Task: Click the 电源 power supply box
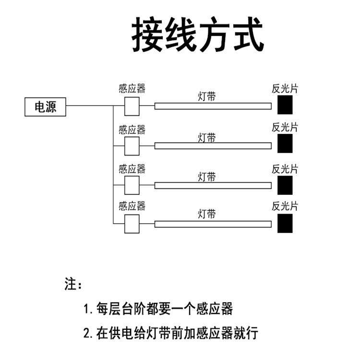(45, 107)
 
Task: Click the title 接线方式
(198, 36)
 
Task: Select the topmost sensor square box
(132, 107)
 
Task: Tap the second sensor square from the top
(132, 146)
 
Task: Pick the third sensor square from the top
(132, 185)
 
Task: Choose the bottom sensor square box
(132, 224)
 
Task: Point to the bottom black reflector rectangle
(285, 223)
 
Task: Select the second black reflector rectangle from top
(285, 144)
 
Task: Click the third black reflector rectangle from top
(285, 185)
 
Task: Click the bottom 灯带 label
(207, 213)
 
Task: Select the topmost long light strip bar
(213, 106)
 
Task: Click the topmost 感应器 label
(132, 88)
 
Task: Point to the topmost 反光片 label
(285, 88)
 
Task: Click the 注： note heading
(73, 284)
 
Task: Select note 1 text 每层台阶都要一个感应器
(158, 309)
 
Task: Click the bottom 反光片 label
(285, 206)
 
